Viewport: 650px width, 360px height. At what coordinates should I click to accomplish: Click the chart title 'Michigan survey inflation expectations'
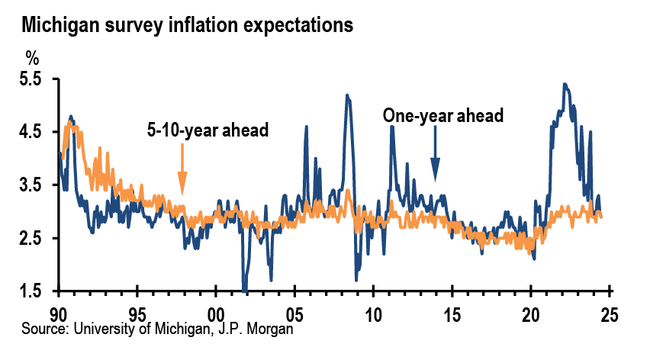tap(188, 25)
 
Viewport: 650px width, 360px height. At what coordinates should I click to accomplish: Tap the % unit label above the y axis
tap(32, 57)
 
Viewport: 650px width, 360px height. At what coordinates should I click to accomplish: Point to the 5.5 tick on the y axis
tap(31, 79)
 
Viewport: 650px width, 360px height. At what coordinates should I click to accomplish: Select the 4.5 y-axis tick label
tap(31, 132)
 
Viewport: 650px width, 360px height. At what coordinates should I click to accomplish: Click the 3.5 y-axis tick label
tap(31, 185)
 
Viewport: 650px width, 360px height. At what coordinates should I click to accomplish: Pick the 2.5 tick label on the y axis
tap(31, 239)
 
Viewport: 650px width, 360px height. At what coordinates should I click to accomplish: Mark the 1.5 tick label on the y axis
tap(31, 291)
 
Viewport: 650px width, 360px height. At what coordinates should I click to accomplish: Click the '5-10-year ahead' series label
tap(208, 130)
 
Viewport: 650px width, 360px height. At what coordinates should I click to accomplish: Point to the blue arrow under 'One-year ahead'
tap(436, 153)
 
